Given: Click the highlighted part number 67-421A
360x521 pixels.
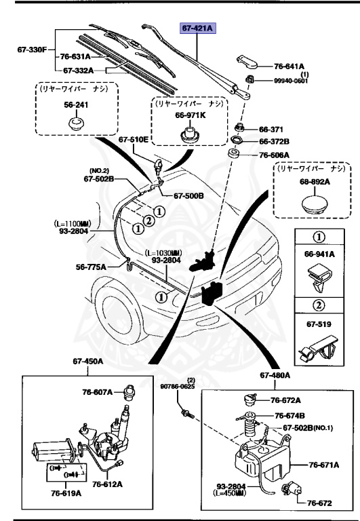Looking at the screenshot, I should click(196, 28).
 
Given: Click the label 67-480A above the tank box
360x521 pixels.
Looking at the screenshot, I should click(275, 374).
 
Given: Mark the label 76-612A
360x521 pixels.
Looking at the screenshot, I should click(108, 484).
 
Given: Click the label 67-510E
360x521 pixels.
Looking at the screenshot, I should click(133, 139).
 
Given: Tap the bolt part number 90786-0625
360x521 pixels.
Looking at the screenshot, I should click(178, 387).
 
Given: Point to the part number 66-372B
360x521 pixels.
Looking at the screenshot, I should click(274, 142).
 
